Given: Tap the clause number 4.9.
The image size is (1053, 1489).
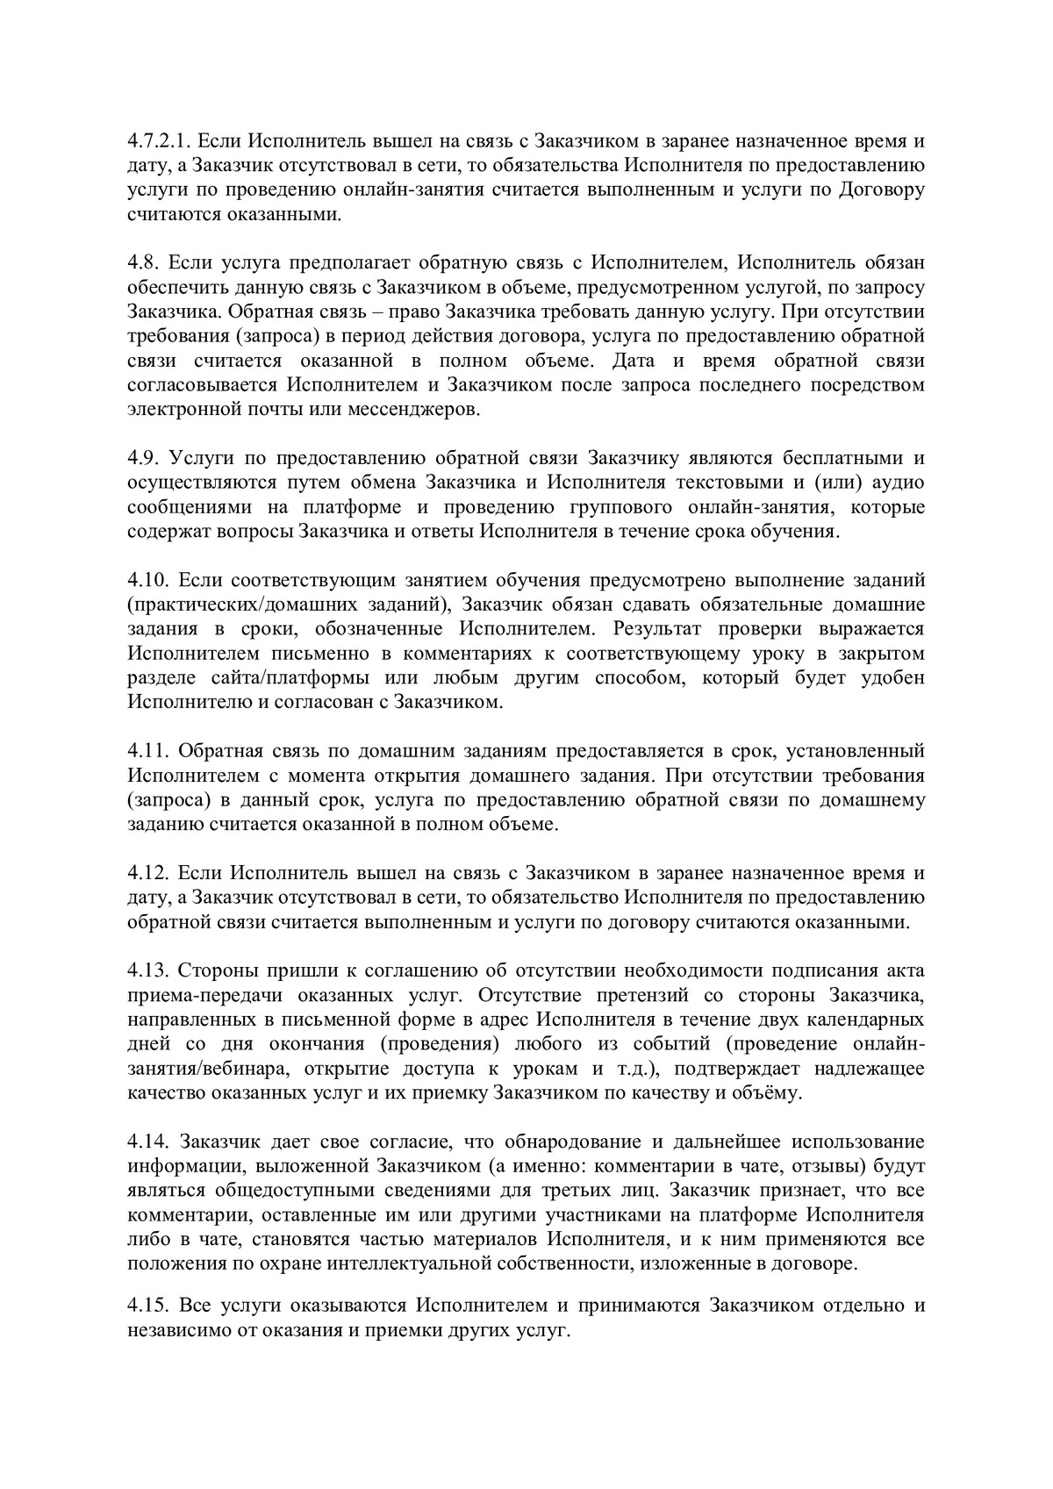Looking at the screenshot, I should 142,457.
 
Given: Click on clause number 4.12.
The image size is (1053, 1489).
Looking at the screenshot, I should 147,873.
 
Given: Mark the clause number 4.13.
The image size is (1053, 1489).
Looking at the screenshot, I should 147,970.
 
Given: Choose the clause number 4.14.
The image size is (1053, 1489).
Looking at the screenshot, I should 147,1142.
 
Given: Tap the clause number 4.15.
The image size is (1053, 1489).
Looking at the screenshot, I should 147,1305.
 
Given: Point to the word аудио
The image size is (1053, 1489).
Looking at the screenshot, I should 899,482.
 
